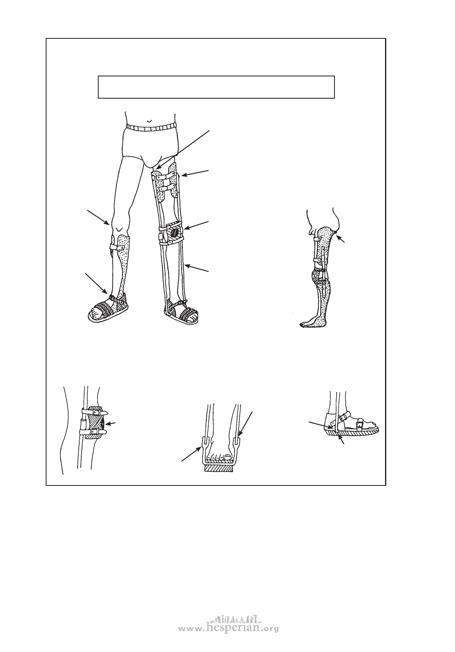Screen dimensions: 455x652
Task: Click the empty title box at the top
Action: pyautogui.click(x=216, y=87)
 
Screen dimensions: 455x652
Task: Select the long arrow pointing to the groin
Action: pyautogui.click(x=182, y=150)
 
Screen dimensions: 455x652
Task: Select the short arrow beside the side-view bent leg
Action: pyautogui.click(x=341, y=238)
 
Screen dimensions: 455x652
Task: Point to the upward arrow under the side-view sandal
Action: pyautogui.click(x=342, y=439)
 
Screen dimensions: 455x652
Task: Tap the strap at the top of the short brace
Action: pyautogui.click(x=120, y=247)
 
